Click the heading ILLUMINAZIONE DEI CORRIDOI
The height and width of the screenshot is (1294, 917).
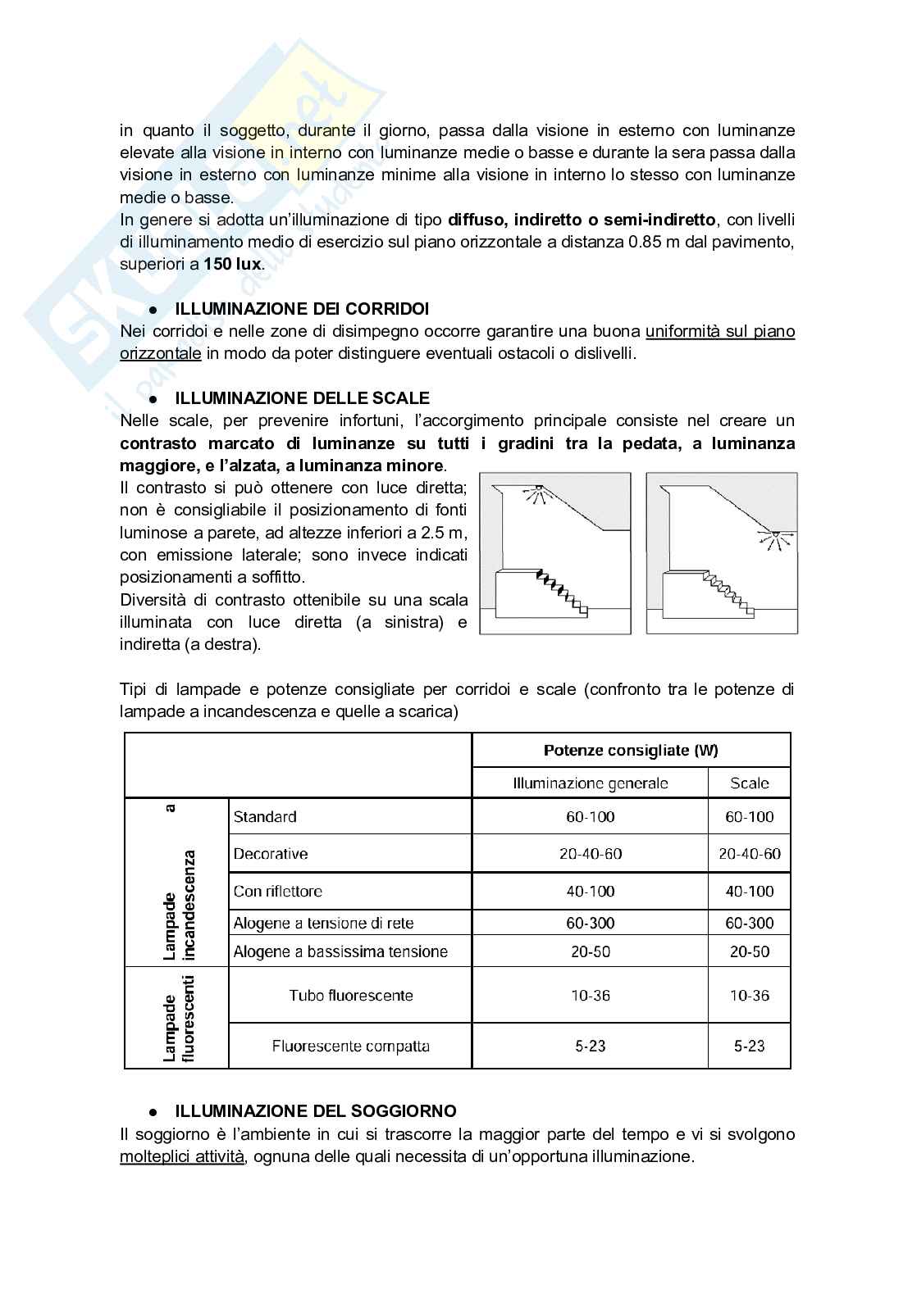302,309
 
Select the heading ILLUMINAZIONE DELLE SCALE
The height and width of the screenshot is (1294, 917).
302,398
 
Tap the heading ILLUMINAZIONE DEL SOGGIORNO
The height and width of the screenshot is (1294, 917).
316,1111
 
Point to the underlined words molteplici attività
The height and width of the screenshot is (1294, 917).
182,1156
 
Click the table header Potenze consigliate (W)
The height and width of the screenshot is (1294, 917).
631,750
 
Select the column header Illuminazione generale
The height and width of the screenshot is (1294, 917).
590,783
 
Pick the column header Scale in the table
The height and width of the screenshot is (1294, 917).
749,783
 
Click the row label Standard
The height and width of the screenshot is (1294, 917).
265,816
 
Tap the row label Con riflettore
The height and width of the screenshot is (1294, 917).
277,891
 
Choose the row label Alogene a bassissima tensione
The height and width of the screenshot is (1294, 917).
340,951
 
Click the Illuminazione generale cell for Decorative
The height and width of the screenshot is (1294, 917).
590,853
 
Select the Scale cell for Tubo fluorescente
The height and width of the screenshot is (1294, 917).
749,996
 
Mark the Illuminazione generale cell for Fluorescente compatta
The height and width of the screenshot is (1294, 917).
590,1046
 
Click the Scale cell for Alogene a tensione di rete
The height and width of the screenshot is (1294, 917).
749,923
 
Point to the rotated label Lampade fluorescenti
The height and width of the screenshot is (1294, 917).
178,1019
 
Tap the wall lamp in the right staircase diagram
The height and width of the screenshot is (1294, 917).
769,538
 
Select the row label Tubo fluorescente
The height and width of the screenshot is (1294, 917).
350,996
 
